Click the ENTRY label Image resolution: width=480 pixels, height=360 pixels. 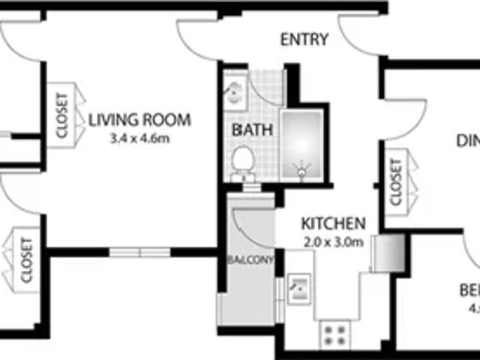304,40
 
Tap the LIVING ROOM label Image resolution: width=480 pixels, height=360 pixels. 139,119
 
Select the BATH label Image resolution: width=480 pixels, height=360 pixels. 252,130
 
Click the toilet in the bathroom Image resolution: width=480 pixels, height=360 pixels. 242,160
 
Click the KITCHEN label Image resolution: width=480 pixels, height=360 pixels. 333,223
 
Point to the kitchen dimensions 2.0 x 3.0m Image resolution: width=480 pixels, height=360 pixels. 333,241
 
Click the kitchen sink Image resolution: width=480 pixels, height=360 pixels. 299,286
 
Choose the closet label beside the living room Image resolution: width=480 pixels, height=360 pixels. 61,116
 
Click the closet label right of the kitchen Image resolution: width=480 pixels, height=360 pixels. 396,181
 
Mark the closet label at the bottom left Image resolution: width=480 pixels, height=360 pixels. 27,259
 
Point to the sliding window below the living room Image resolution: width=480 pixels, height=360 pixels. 139,252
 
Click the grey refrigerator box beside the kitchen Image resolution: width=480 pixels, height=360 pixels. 388,251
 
